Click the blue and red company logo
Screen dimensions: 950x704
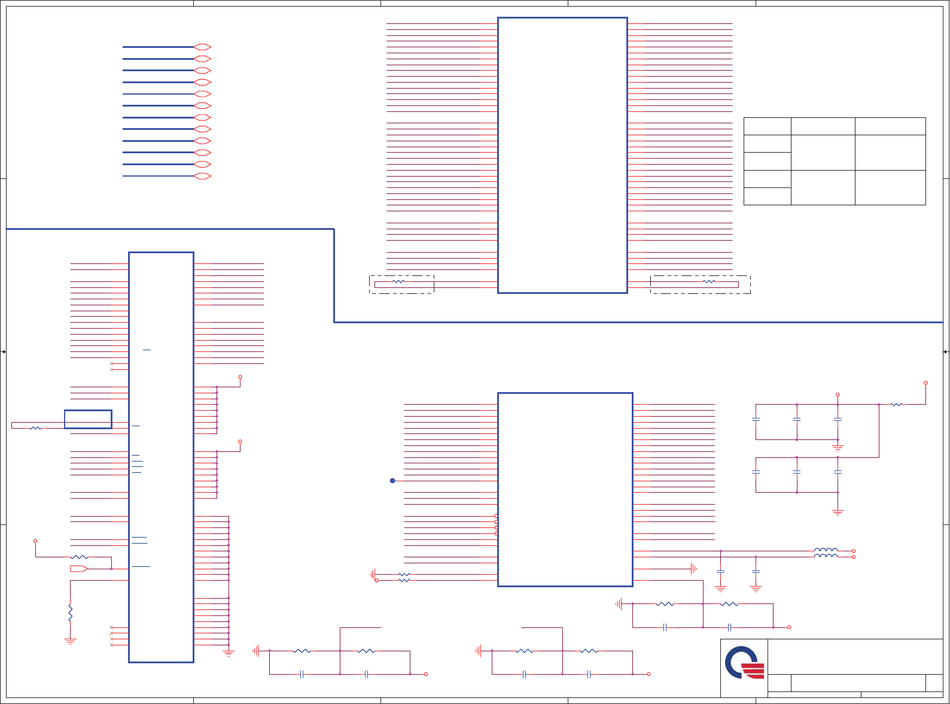(x=744, y=662)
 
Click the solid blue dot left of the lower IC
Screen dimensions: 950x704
(x=392, y=481)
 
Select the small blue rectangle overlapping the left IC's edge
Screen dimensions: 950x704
(x=88, y=419)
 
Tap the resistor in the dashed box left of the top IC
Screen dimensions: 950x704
(x=399, y=281)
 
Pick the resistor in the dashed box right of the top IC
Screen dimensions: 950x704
(x=709, y=281)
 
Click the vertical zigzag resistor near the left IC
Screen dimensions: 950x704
(x=71, y=613)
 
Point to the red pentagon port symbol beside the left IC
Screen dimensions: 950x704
(x=79, y=569)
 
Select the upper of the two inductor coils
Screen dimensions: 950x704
(x=826, y=550)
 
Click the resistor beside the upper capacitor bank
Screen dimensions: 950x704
(x=896, y=405)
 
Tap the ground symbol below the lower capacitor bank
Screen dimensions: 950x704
(x=838, y=512)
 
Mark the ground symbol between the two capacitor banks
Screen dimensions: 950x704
(x=838, y=447)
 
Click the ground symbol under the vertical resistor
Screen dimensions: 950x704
(x=71, y=642)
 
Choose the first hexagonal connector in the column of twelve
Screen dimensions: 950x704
(x=203, y=47)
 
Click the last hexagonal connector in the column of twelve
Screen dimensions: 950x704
(x=203, y=176)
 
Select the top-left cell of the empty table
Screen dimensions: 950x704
(x=767, y=126)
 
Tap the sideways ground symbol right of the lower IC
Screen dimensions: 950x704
(x=693, y=569)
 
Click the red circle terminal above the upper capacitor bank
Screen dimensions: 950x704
(x=838, y=395)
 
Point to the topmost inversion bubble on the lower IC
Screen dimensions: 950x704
(x=496, y=516)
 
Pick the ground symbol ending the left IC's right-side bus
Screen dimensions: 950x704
(x=229, y=654)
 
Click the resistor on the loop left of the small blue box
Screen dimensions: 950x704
(x=35, y=428)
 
